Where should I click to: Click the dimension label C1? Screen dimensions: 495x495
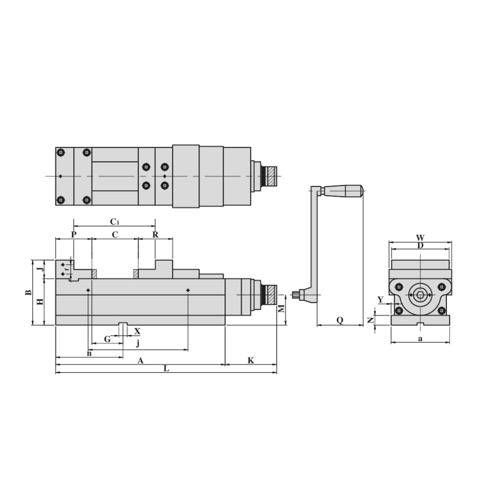[115, 222]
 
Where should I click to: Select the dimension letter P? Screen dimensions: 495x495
[74, 235]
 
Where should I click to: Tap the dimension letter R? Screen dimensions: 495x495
[155, 235]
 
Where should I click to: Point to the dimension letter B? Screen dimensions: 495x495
[28, 292]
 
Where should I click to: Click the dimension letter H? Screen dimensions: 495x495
[40, 302]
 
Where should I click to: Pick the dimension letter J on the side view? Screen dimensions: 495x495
[40, 266]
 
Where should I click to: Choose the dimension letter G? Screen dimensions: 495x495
[107, 339]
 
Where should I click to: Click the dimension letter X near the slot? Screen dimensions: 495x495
[137, 331]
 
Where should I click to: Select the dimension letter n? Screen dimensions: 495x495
[89, 353]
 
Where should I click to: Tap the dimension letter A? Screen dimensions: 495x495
[141, 361]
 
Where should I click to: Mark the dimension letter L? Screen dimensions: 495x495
[166, 368]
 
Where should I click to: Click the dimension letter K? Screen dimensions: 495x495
[251, 361]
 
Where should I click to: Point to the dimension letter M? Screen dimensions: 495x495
[282, 308]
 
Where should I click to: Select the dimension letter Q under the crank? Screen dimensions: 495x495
[340, 320]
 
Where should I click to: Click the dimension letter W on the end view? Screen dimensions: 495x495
[420, 238]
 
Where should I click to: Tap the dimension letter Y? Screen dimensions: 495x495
[380, 300]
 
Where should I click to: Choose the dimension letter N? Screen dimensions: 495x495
[370, 320]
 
